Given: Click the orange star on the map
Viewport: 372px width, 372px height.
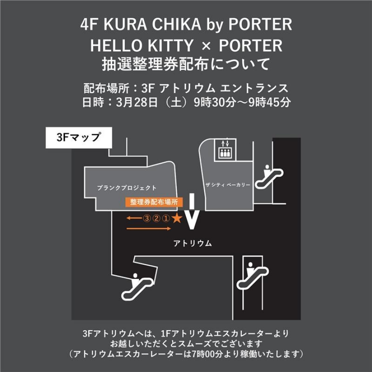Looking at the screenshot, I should pyautogui.click(x=177, y=218).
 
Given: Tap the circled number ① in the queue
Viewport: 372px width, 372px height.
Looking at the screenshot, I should pyautogui.click(x=166, y=219).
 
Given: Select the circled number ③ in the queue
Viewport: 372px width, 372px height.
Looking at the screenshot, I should pyautogui.click(x=147, y=219).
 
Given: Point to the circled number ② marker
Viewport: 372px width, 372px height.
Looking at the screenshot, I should pyautogui.click(x=156, y=219).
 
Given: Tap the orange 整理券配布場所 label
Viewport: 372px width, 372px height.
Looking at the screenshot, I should pyautogui.click(x=154, y=202).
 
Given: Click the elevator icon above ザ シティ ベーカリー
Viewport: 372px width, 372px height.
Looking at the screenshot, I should pyautogui.click(x=223, y=149).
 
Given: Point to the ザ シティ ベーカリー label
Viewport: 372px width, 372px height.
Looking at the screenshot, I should pyautogui.click(x=228, y=185).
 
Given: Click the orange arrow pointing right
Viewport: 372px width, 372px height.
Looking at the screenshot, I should pyautogui.click(x=149, y=229).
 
